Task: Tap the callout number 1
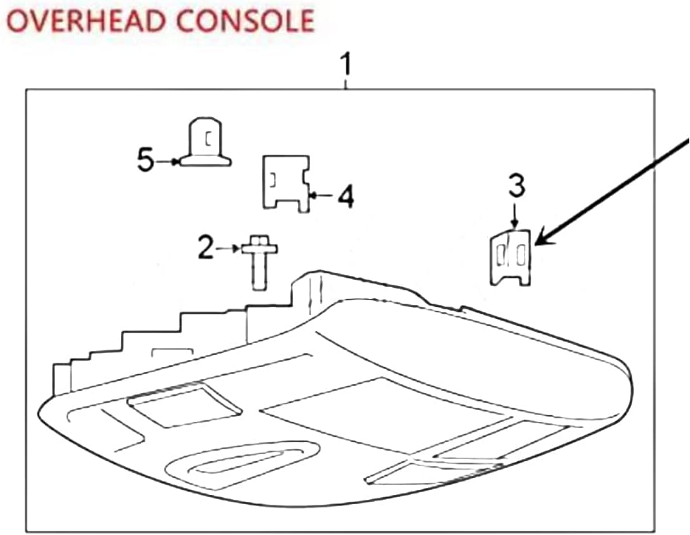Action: coord(345,67)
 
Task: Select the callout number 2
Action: coord(205,247)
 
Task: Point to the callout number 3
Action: coord(515,186)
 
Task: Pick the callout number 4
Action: coord(345,196)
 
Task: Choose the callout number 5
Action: coord(145,161)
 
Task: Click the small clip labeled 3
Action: coord(510,258)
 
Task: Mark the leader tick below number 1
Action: coord(345,86)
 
